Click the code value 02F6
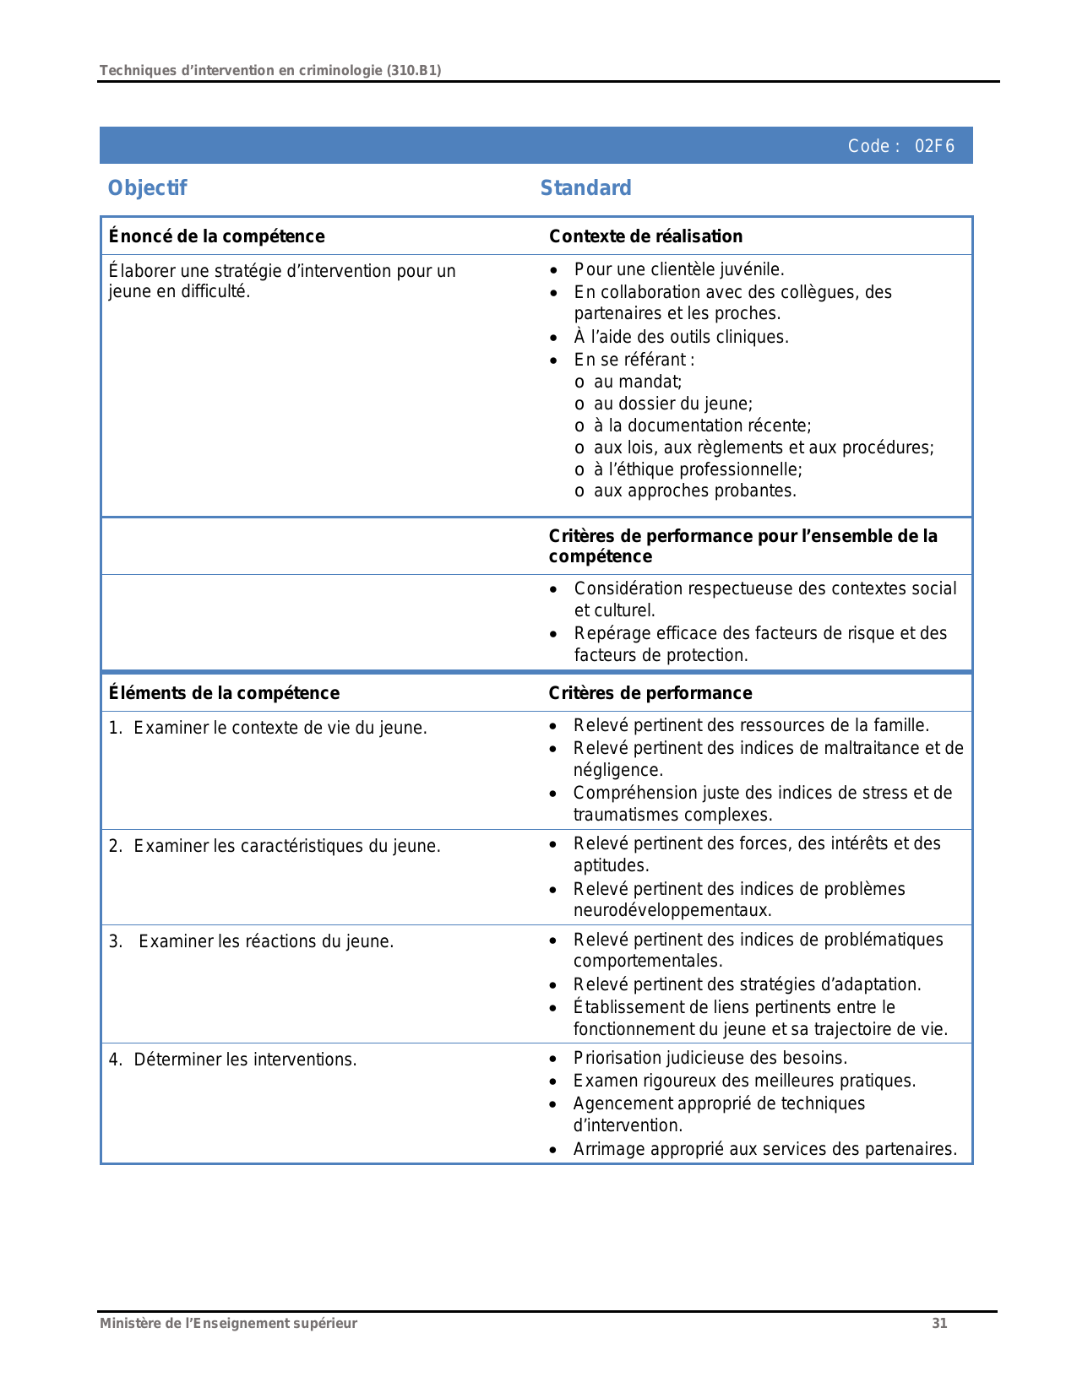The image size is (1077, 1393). click(x=934, y=146)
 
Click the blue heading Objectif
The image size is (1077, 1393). click(x=147, y=187)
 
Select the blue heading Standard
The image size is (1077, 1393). click(x=585, y=187)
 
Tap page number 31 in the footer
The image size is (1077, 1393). click(x=939, y=1323)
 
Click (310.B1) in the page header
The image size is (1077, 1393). click(x=413, y=70)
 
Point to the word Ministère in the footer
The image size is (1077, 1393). click(x=127, y=1323)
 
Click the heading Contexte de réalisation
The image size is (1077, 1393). click(x=645, y=236)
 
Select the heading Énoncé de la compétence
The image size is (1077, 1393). click(x=216, y=236)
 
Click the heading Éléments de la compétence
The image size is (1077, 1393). click(x=224, y=693)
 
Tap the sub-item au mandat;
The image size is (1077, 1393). click(x=637, y=382)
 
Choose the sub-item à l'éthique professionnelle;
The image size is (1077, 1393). click(x=697, y=469)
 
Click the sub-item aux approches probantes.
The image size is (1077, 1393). click(x=694, y=491)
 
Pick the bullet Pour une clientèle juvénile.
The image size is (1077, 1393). click(x=678, y=269)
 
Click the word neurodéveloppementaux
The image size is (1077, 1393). click(x=672, y=910)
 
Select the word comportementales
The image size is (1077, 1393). click(x=647, y=961)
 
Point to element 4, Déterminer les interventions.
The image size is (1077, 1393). click(x=245, y=1059)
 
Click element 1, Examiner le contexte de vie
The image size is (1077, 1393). click(x=280, y=728)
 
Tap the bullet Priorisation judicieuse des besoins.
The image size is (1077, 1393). click(x=710, y=1058)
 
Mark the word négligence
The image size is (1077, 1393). click(x=617, y=770)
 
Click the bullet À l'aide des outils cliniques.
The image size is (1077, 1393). click(x=681, y=337)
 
